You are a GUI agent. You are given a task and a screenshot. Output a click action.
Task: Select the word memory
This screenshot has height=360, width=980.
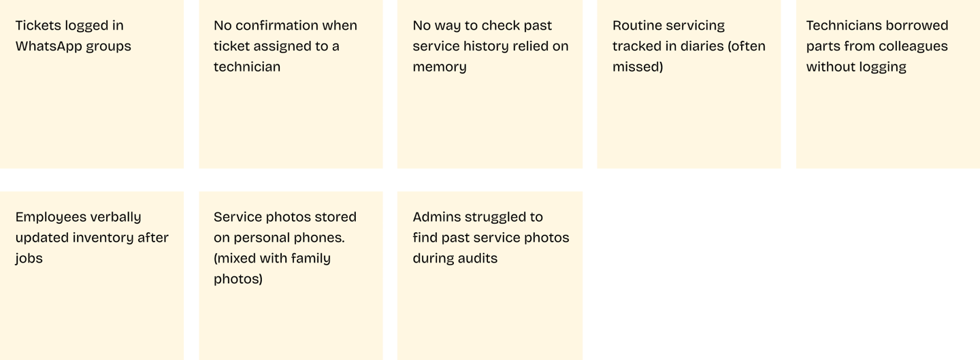click(x=440, y=67)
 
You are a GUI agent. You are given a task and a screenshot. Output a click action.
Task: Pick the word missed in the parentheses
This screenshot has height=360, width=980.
click(x=638, y=67)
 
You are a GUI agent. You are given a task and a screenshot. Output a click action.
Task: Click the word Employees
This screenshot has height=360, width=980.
click(x=53, y=217)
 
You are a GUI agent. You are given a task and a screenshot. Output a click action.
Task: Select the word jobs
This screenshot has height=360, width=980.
click(x=29, y=259)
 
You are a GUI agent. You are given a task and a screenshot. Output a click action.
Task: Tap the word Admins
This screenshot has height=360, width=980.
click(x=436, y=217)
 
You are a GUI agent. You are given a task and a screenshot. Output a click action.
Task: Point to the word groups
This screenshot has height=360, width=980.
click(x=112, y=46)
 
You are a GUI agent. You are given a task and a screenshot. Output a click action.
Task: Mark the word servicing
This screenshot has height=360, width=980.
click(x=697, y=26)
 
